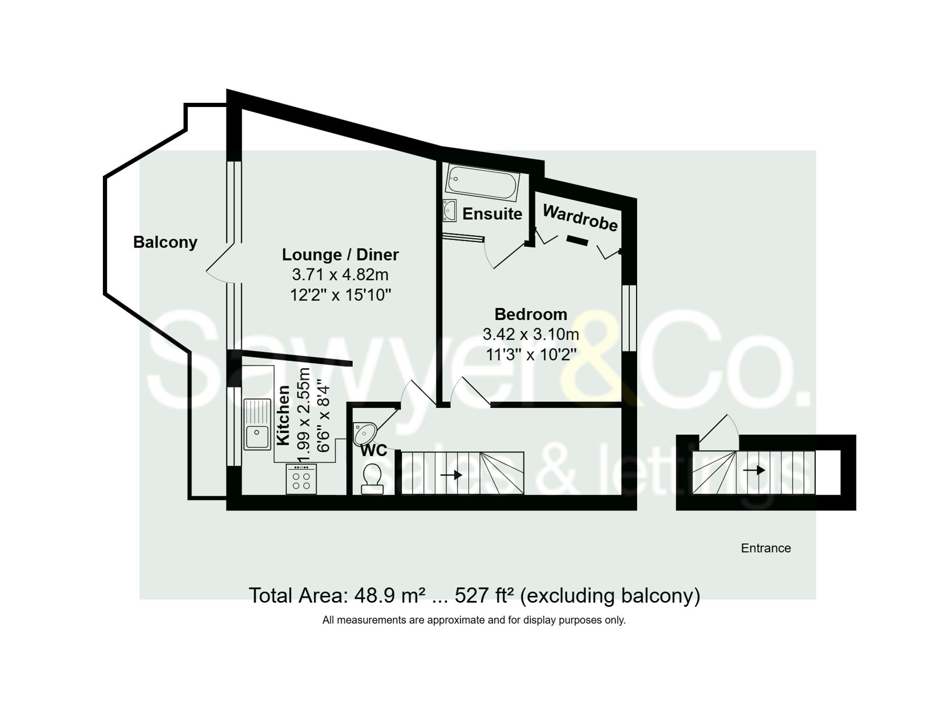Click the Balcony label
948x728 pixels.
tap(165, 242)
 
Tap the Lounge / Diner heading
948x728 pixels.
tap(340, 254)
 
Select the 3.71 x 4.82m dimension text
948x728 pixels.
tap(340, 275)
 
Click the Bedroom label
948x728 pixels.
tap(530, 314)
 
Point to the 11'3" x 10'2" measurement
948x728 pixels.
tap(530, 354)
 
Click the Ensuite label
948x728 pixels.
tap(492, 214)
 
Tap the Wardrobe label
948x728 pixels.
tap(580, 218)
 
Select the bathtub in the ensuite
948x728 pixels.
tap(482, 182)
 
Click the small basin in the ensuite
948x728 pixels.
tap(449, 210)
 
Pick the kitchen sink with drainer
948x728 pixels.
tap(256, 424)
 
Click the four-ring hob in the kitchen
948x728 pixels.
tap(301, 479)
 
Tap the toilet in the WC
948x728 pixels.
tap(372, 478)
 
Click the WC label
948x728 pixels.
tap(374, 450)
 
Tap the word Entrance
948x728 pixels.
tap(766, 548)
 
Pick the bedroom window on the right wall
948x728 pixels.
tap(629, 318)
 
